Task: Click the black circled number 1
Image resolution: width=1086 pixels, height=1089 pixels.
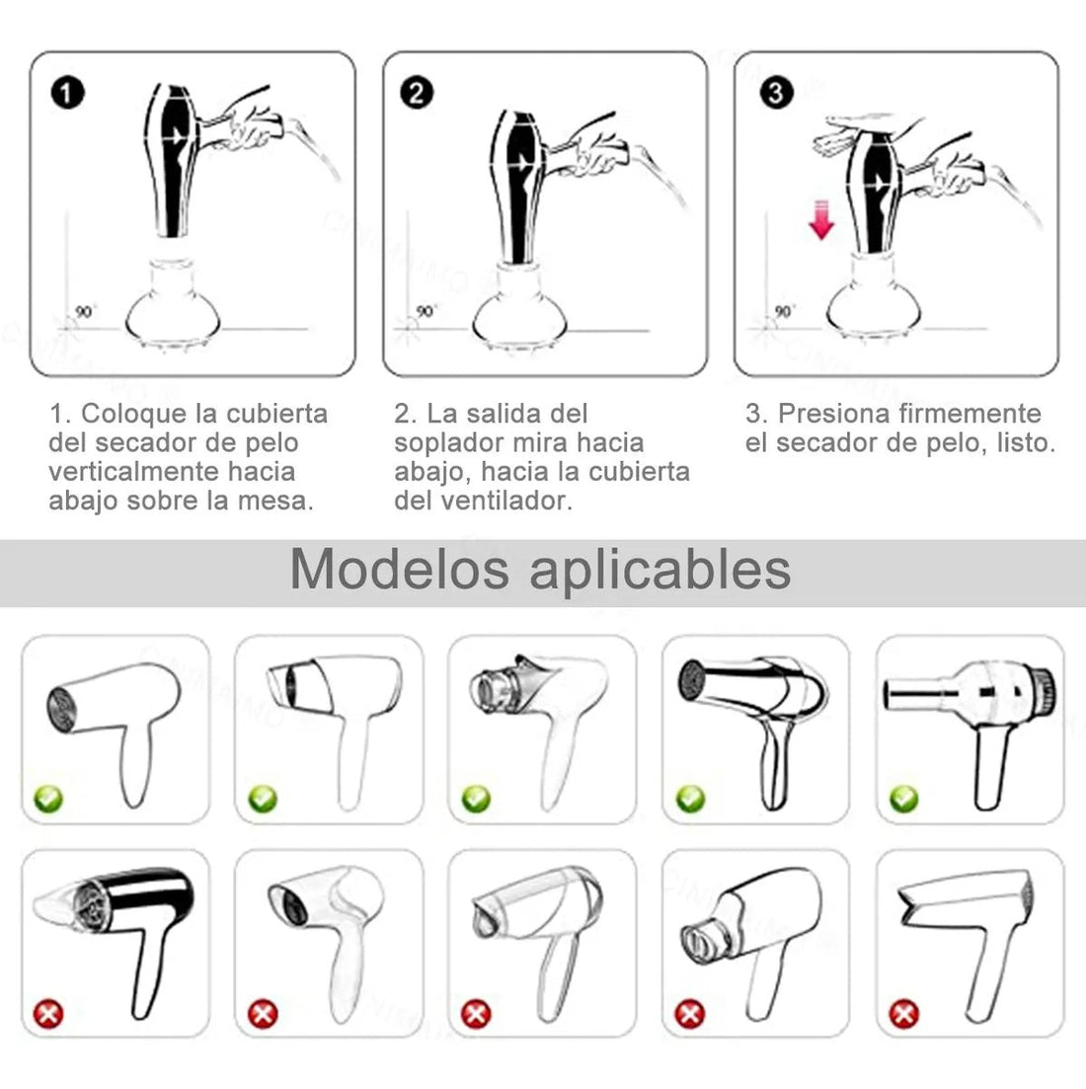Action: pyautogui.click(x=67, y=93)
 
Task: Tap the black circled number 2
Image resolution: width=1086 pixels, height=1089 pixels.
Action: pyautogui.click(x=417, y=93)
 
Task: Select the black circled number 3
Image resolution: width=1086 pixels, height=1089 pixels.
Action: pyautogui.click(x=776, y=93)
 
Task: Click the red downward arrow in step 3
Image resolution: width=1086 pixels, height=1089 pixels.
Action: pyautogui.click(x=821, y=219)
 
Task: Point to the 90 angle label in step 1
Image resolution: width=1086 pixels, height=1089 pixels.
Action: pyautogui.click(x=85, y=312)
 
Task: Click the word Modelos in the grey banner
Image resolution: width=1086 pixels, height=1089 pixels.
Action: pyautogui.click(x=400, y=570)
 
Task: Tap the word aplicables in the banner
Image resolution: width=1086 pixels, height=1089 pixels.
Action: pyautogui.click(x=660, y=571)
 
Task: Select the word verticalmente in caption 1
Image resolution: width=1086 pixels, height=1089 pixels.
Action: pyautogui.click(x=133, y=472)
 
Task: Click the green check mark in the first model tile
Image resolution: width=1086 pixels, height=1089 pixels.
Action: pyautogui.click(x=48, y=799)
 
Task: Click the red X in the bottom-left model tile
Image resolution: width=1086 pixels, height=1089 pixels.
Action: pyautogui.click(x=48, y=1014)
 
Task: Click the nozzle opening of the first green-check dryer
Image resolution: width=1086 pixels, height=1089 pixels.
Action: pyautogui.click(x=60, y=706)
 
